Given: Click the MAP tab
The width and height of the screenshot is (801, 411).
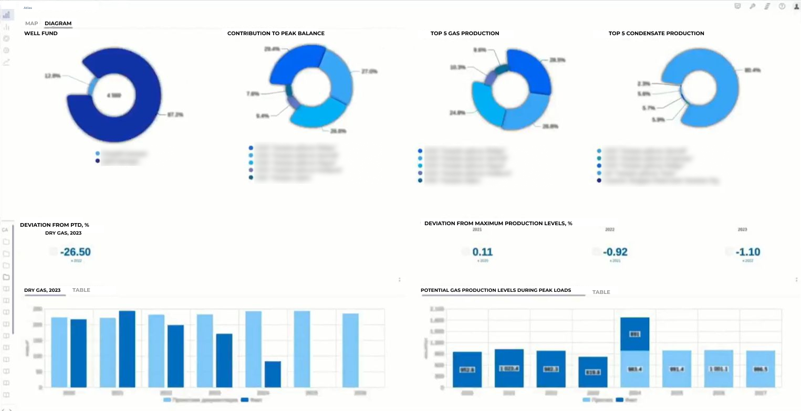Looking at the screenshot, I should click(32, 24).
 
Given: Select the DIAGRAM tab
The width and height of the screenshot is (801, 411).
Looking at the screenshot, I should click(58, 24).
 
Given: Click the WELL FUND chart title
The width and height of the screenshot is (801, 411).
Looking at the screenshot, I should click(41, 34).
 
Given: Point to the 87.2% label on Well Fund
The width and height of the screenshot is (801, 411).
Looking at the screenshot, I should click(175, 114).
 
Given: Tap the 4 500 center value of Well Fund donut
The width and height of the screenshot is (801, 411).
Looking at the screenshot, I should click(114, 96).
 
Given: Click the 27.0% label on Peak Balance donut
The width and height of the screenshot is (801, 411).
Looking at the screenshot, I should click(369, 71).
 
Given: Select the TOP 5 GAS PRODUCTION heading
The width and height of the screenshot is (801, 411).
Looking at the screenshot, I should click(464, 34).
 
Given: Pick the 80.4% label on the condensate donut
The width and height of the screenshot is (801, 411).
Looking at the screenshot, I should click(753, 70).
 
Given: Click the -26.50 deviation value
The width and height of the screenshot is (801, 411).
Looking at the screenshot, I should click(75, 252).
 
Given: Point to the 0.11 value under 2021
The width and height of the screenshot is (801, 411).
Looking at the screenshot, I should click(483, 252).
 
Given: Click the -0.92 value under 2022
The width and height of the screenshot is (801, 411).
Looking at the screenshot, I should click(615, 252).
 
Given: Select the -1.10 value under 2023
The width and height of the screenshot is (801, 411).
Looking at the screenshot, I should click(748, 252).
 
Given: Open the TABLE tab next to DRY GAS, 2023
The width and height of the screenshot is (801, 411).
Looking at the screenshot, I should click(81, 290).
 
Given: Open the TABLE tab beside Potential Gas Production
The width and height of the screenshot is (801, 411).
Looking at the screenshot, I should click(601, 292).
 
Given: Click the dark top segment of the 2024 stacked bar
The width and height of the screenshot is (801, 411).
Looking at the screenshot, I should click(634, 334).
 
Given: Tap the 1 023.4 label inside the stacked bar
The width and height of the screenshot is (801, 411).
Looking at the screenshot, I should click(508, 368).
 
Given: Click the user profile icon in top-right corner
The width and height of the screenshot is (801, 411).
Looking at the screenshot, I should click(796, 7).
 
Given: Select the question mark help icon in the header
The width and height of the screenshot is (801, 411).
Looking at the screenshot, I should click(782, 7).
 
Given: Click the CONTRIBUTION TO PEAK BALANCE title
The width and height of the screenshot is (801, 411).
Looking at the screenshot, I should click(276, 34).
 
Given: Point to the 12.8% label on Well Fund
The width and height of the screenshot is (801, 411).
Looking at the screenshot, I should click(53, 76).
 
